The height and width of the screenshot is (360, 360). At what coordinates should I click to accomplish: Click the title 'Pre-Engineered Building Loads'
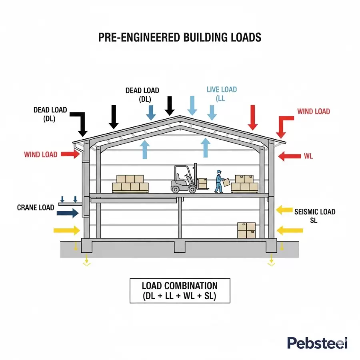(180, 38)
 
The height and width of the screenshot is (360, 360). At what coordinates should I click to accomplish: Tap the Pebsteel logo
(317, 343)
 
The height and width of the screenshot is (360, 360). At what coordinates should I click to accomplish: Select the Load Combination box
(180, 291)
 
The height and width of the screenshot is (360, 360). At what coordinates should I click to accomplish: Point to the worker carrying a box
(219, 182)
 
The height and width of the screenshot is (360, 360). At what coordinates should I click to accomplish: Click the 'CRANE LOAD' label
(36, 208)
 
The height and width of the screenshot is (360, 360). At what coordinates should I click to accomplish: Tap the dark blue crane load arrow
(68, 213)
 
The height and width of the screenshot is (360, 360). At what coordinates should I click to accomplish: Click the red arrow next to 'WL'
(289, 156)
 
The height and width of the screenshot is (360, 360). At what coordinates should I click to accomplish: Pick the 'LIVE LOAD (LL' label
(222, 94)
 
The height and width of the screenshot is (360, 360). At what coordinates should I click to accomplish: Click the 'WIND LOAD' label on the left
(40, 154)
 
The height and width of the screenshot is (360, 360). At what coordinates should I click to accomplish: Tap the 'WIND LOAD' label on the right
(314, 111)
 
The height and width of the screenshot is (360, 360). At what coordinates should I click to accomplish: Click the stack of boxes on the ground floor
(246, 230)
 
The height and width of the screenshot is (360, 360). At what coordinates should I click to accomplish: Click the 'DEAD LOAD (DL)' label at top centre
(142, 95)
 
